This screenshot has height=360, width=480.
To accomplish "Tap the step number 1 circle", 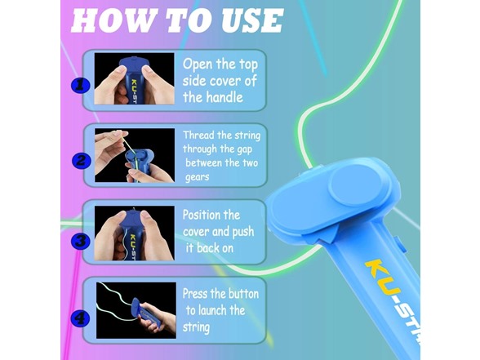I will pyautogui.click(x=80, y=84).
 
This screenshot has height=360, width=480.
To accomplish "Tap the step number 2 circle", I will pyautogui.click(x=80, y=160).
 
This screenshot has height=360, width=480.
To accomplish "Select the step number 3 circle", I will pyautogui.click(x=80, y=240).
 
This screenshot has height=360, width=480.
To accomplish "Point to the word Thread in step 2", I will pyautogui.click(x=201, y=136).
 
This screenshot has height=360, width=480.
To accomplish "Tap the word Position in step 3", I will pyautogui.click(x=211, y=216).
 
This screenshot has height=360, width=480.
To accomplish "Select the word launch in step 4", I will pyautogui.click(x=216, y=310).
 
